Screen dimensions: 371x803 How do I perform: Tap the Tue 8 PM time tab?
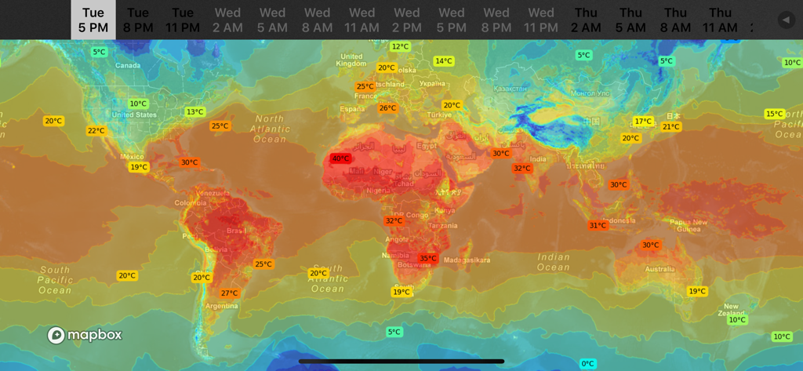point(138,20)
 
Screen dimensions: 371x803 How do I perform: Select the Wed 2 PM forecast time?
point(406,20)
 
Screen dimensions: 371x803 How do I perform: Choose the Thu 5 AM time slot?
point(630,20)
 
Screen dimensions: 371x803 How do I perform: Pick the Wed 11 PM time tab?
point(541,20)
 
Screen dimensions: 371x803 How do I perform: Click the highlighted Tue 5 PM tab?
point(93,20)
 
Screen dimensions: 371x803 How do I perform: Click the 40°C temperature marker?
point(340,158)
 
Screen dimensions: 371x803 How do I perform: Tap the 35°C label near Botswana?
point(428,258)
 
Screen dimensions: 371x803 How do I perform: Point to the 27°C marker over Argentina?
point(229,293)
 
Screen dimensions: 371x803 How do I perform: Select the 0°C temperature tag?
point(588,364)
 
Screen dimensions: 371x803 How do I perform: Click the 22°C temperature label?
point(96,131)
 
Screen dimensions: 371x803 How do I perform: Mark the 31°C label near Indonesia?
point(598,226)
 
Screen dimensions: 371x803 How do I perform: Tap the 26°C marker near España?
point(387,108)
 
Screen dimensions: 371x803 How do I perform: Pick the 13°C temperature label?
point(194,112)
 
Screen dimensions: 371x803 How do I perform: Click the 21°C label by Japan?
point(671,127)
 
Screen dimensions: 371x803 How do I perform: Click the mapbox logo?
point(85,335)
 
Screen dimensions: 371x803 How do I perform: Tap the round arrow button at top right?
point(786,20)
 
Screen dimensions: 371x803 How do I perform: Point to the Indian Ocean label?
point(554,262)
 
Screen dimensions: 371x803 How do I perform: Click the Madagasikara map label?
point(467,260)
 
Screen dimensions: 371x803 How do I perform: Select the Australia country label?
point(659,269)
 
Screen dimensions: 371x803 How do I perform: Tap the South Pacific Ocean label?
point(55,280)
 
